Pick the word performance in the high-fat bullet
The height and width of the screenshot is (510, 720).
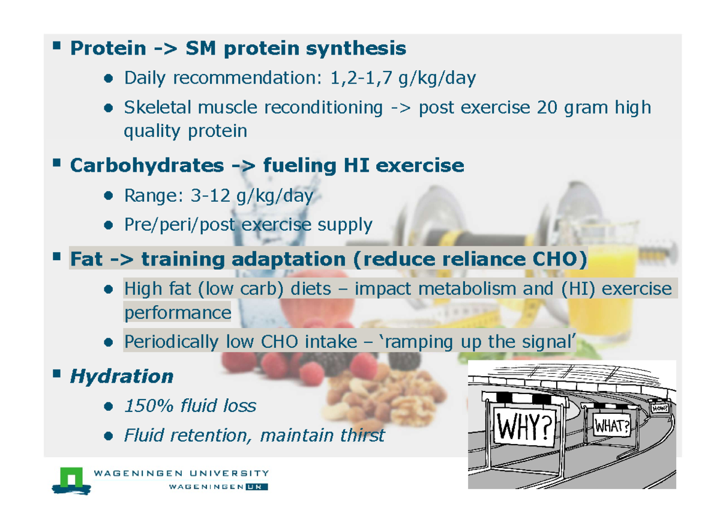(x=177, y=312)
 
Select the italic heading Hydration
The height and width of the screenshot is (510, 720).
(x=122, y=377)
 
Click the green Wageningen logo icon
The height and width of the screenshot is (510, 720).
(x=71, y=479)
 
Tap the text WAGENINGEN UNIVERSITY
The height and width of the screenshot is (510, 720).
(x=181, y=473)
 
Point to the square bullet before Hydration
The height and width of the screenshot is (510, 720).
(x=57, y=374)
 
